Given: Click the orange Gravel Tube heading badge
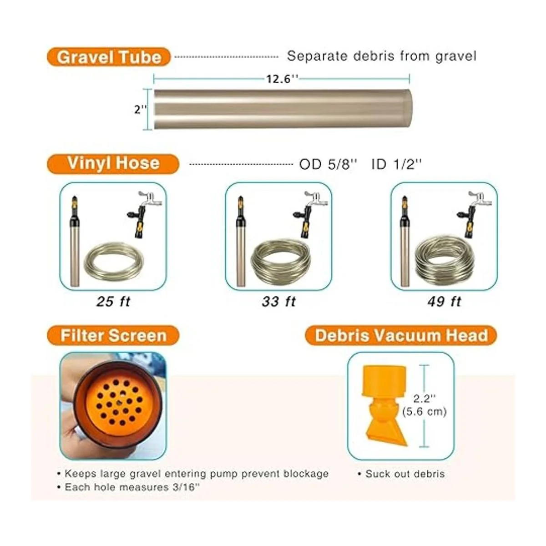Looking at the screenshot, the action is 109,57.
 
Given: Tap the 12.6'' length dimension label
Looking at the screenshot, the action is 282,79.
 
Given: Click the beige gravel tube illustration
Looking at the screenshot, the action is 283,109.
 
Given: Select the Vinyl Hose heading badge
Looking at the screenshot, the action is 113,163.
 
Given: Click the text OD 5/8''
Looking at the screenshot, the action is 328,164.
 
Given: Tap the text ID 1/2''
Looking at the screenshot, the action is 397,164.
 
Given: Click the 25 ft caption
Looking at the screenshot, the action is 113,302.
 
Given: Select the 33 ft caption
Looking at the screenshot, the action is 279,302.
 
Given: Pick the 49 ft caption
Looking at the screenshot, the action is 444,302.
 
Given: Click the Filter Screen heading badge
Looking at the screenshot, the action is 113,335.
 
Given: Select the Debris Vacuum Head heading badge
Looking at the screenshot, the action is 401,335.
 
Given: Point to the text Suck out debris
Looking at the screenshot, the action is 405,474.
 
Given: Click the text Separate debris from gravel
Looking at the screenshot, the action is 382,56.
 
